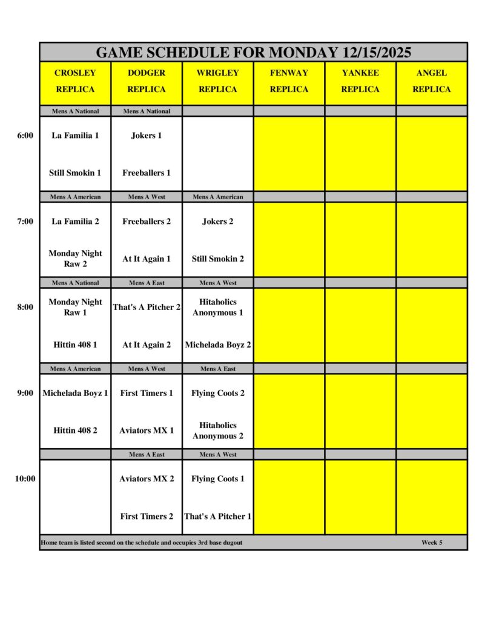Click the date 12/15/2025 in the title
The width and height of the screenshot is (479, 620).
coord(377,53)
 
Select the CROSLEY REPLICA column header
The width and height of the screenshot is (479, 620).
coord(75,81)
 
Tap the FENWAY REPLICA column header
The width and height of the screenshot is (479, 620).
coord(289,81)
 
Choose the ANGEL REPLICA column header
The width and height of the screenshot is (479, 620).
coord(432,81)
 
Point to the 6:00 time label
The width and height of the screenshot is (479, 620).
coord(25,136)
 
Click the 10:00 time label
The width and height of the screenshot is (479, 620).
coord(25,479)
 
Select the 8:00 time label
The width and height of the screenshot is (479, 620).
coord(25,307)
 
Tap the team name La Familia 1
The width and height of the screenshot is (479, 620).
coord(75,136)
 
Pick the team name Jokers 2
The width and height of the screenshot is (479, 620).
coord(218,222)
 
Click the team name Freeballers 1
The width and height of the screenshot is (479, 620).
coord(147,173)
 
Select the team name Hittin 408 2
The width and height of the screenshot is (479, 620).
coord(75,430)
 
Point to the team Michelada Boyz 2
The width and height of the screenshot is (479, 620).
coord(218,345)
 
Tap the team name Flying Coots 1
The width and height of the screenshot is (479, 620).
coord(218,479)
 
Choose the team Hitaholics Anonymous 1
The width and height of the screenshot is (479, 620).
coord(218,307)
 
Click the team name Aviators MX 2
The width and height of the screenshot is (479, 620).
coord(147,479)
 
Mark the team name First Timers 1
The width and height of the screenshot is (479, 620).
coord(147,393)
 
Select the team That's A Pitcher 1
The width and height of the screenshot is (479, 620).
coord(218,516)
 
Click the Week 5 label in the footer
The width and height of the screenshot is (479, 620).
coord(432,542)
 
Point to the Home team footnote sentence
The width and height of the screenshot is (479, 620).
coord(142,542)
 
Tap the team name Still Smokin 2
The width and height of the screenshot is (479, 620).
coord(218,259)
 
